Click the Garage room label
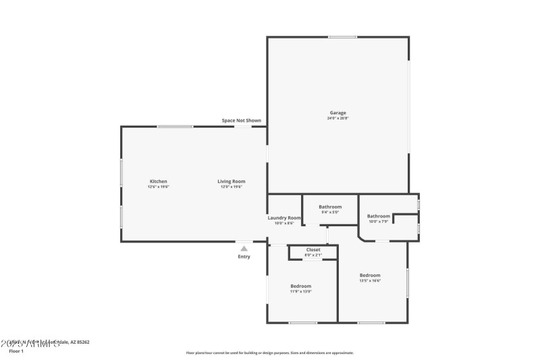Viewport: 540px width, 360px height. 337,113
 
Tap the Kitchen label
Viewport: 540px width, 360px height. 158,181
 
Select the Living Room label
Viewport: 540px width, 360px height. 231,181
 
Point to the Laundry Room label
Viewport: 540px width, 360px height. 284,217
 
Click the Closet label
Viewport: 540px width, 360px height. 313,250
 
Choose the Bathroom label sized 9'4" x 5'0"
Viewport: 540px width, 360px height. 330,207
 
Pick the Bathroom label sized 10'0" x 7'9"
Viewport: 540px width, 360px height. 379,216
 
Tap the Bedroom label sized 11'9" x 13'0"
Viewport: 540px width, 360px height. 300,286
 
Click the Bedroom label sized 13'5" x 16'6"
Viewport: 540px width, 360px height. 370,275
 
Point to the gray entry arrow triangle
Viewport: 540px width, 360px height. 244,249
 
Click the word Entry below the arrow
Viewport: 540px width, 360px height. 244,257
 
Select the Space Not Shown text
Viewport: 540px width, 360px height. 241,121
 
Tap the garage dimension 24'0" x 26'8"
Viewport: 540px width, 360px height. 337,118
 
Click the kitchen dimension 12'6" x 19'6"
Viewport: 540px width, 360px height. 158,186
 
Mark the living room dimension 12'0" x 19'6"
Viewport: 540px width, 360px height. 231,186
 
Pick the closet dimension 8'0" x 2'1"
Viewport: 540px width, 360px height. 313,255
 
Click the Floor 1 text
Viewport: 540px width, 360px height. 16,351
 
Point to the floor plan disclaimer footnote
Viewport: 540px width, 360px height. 269,353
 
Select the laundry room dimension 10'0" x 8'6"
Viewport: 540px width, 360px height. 284,223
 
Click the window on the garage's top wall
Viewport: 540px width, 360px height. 342,37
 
